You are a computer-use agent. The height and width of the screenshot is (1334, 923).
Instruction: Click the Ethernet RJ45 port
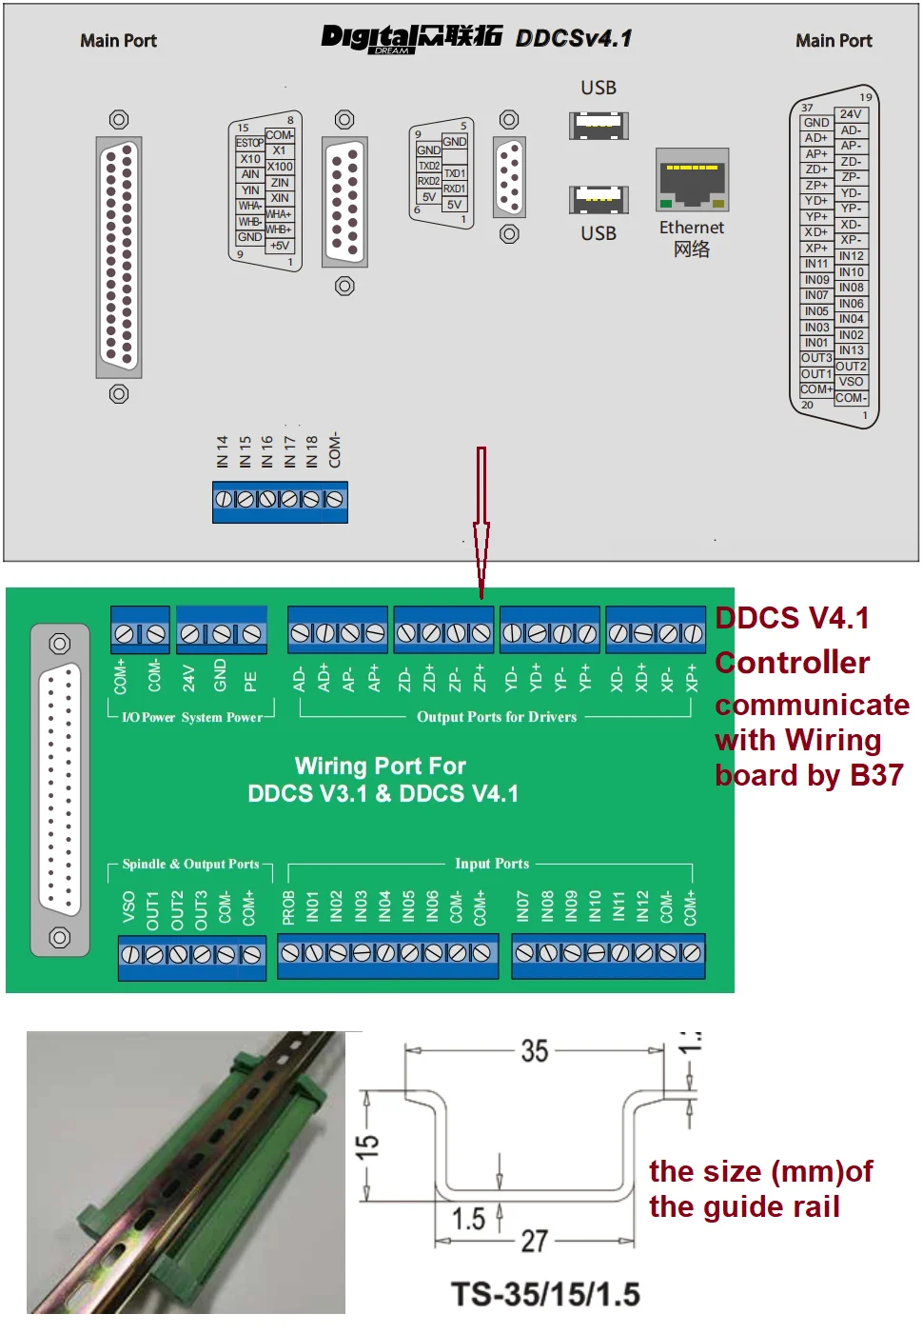pos(692,180)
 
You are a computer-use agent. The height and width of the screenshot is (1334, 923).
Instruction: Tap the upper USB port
pos(599,125)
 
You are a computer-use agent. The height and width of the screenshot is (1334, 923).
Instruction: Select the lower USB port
pos(599,199)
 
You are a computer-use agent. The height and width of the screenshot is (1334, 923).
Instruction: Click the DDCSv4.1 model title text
pos(574,38)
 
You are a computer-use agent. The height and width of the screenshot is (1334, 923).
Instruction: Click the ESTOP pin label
pos(249,143)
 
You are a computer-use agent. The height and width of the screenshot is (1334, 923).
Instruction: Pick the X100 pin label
pos(280,167)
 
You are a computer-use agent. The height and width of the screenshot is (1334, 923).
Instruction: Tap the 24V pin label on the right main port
pos(851,114)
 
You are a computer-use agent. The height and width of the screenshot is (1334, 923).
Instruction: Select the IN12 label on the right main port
pos(852,256)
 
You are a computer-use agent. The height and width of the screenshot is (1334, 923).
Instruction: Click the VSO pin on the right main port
pos(852,382)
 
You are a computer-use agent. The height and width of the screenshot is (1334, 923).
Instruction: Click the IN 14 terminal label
pos(223,451)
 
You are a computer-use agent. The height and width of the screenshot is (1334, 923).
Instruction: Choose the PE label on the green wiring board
pos(250,681)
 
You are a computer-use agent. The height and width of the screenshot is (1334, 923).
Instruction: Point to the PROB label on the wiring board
pos(288,908)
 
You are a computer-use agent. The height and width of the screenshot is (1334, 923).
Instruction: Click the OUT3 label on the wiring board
pos(201,910)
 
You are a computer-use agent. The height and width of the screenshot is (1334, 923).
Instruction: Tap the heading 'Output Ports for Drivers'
pos(497,717)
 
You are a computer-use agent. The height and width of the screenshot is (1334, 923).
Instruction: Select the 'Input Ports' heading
pos(492,864)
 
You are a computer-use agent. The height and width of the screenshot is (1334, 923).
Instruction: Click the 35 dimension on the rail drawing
pos(535,1051)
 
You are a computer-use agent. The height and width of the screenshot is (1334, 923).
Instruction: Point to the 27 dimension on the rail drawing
pos(535,1241)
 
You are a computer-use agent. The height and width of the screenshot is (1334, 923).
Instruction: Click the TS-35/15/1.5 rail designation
pos(545,1295)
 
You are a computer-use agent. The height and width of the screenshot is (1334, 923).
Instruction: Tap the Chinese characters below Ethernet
pos(692,249)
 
